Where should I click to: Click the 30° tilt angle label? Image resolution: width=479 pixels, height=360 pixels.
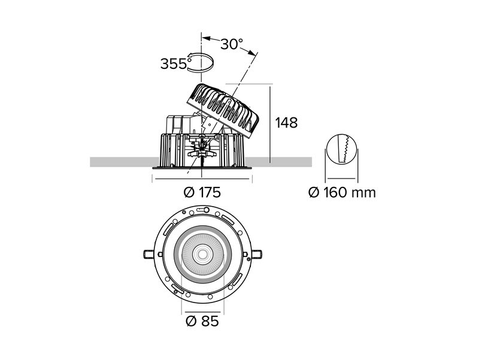(232, 44)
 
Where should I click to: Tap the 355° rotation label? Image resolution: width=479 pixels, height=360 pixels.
(174, 63)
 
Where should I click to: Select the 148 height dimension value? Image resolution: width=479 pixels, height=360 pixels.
(286, 123)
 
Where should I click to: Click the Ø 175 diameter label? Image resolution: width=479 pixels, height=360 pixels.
(202, 192)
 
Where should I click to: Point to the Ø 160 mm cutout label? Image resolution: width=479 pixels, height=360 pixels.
(342, 192)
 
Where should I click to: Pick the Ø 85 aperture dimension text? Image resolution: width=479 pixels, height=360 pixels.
(202, 321)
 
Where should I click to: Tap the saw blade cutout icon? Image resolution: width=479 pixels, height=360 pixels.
(341, 149)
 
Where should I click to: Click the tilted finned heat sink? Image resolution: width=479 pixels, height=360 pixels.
(223, 110)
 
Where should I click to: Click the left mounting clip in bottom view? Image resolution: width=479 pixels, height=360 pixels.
(148, 254)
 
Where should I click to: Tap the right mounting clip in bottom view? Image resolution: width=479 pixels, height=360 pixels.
(256, 254)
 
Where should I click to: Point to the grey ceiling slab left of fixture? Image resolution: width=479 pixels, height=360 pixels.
(125, 162)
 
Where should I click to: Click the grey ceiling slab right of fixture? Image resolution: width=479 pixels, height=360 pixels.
(278, 162)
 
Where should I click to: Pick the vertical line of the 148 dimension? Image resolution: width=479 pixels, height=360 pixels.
(270, 125)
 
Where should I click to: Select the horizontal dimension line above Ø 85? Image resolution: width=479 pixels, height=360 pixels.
(202, 312)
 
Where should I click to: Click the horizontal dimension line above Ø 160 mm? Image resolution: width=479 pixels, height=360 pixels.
(341, 178)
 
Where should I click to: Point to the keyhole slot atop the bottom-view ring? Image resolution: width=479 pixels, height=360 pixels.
(202, 210)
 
